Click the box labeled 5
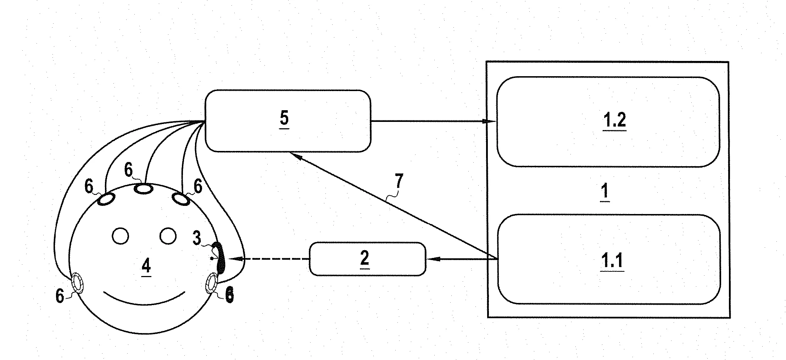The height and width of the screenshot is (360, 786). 288,121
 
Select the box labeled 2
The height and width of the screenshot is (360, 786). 367,259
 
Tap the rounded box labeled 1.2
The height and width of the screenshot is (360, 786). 608,121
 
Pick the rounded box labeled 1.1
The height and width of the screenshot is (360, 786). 609,259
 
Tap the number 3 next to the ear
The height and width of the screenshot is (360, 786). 197,238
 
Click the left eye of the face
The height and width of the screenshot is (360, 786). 120,236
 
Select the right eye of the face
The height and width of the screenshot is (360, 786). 168,236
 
